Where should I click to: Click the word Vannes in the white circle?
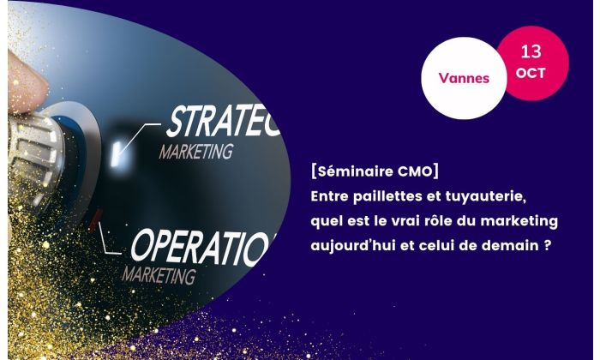pyautogui.click(x=464, y=78)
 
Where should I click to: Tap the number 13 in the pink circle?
pyautogui.click(x=531, y=51)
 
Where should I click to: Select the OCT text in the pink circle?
pyautogui.click(x=531, y=73)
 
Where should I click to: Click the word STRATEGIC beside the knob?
pyautogui.click(x=224, y=121)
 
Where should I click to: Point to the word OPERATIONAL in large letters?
pyautogui.click(x=203, y=247)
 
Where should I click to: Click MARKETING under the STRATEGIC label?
pyautogui.click(x=196, y=152)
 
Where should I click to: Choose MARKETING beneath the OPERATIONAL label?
pyautogui.click(x=159, y=275)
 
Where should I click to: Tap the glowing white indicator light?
pyautogui.click(x=117, y=154)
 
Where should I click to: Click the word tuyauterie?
pyautogui.click(x=484, y=196)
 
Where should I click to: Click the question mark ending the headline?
pyautogui.click(x=547, y=245)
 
